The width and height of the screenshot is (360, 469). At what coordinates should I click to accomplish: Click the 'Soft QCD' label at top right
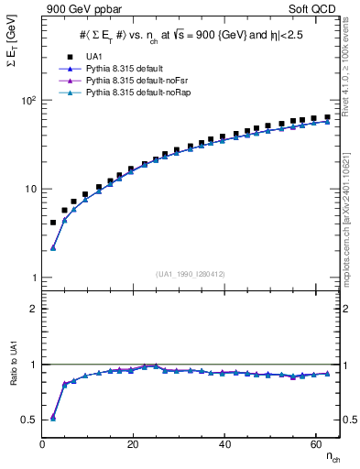pos(313,8)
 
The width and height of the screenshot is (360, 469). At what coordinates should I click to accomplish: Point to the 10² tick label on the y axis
pos(28,101)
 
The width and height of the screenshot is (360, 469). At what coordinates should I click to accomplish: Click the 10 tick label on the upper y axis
pos(31,189)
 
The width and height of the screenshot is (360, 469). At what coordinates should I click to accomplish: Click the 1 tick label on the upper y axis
pos(34,278)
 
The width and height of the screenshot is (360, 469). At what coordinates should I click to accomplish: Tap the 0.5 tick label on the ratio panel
pos(29,420)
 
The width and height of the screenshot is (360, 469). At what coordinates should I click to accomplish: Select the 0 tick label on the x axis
pos(43,444)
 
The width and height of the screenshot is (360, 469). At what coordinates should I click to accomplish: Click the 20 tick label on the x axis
pos(133,444)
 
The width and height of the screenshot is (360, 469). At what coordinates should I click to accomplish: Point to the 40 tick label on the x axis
pos(224,444)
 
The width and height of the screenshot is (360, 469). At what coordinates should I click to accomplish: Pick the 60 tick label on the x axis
pos(315,444)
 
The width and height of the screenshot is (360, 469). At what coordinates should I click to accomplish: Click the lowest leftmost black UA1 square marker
pos(53,223)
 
